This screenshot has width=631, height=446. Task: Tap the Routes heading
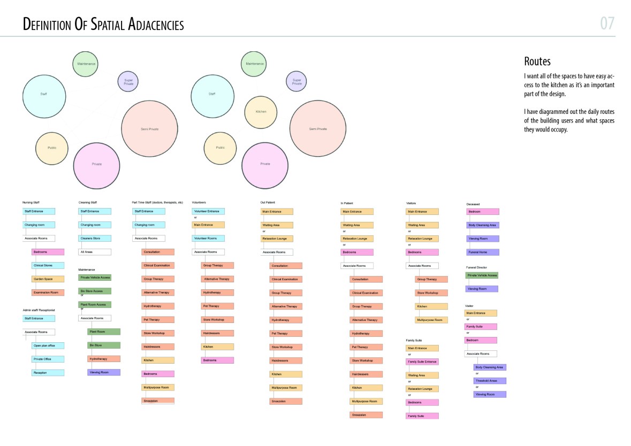[537, 61]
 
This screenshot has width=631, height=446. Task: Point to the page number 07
[607, 24]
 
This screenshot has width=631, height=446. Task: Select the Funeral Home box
[482, 252]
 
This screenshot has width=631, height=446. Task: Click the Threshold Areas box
[490, 381]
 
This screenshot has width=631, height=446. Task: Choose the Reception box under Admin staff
[48, 373]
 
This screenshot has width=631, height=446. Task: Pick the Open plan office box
[48, 345]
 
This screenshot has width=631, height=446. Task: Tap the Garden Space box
[48, 279]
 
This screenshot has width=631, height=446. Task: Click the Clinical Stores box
[48, 265]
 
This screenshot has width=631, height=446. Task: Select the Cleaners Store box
[95, 239]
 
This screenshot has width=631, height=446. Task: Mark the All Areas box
[95, 252]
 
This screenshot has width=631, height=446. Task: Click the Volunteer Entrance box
[208, 211]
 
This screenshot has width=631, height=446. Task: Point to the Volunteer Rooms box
[208, 239]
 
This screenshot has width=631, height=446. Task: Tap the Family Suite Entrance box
[422, 362]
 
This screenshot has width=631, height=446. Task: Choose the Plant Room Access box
[95, 304]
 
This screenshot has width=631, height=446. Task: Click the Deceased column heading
[473, 204]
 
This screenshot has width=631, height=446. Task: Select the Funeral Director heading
[477, 267]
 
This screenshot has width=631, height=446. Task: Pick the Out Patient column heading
[267, 203]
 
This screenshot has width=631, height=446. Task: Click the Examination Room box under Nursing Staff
[48, 293]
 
